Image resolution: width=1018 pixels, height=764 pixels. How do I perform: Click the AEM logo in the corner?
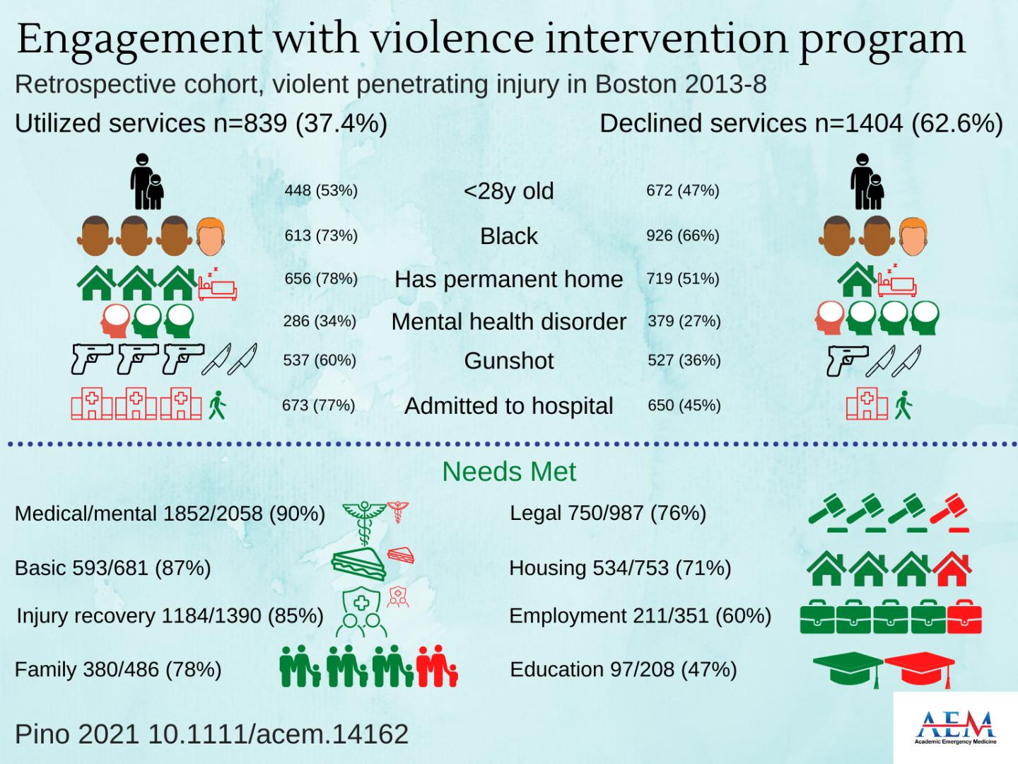click(955, 727)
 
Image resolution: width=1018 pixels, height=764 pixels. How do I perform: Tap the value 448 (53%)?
click(321, 190)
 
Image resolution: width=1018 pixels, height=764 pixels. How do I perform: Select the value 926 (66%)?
click(682, 235)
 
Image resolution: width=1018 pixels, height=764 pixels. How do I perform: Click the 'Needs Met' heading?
click(509, 472)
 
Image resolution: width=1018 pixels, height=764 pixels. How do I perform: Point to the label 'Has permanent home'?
click(509, 279)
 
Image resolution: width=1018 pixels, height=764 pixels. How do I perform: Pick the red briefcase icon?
click(964, 617)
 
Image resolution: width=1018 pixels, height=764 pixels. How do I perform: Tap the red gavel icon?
click(949, 513)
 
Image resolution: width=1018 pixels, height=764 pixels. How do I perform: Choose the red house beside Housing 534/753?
click(952, 568)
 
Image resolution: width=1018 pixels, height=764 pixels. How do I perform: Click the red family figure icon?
click(435, 666)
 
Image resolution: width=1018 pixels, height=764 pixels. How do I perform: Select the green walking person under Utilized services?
click(217, 406)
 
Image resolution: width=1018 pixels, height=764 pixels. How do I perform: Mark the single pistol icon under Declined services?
click(846, 359)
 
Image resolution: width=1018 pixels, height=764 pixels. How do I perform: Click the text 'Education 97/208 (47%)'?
click(623, 669)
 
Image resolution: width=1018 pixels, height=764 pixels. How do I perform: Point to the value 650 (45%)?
click(684, 405)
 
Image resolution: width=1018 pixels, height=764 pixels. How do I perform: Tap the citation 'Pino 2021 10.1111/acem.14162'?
click(211, 734)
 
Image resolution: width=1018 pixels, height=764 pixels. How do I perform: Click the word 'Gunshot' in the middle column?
click(509, 361)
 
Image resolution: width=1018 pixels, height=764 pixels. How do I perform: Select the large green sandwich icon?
click(359, 562)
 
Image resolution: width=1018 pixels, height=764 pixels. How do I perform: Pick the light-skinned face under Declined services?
click(913, 236)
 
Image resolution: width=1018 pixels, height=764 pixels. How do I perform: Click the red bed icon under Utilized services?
click(218, 284)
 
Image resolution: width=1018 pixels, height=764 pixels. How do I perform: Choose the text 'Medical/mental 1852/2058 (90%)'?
click(170, 514)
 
